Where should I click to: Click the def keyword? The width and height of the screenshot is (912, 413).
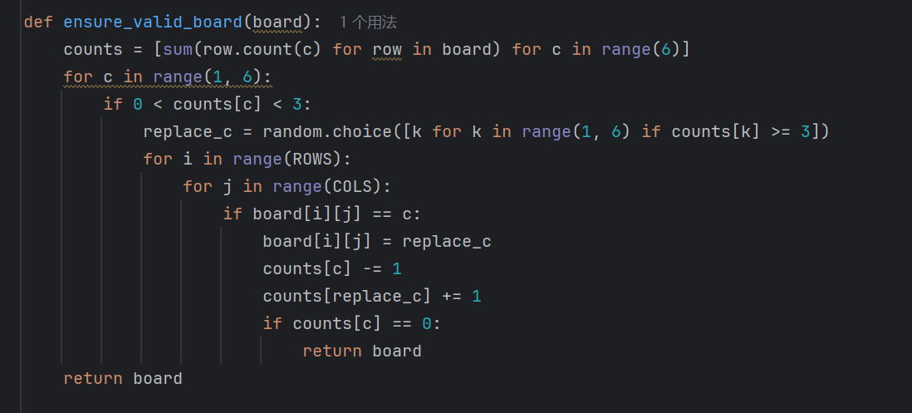point(38,22)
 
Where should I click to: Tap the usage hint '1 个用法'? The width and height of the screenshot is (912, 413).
point(368,22)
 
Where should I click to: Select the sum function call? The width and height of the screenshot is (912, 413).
point(178,50)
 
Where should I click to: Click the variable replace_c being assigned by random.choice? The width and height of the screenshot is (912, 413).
point(188,131)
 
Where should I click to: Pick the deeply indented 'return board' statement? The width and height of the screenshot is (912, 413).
point(362,351)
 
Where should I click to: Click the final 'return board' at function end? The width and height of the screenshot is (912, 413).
point(123,378)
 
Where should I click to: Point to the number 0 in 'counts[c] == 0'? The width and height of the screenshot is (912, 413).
point(426,323)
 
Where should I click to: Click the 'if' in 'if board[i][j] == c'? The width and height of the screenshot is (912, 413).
point(233,214)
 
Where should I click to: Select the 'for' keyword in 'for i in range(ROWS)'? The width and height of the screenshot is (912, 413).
point(158,159)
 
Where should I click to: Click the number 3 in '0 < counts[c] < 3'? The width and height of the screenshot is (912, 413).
point(297,105)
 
